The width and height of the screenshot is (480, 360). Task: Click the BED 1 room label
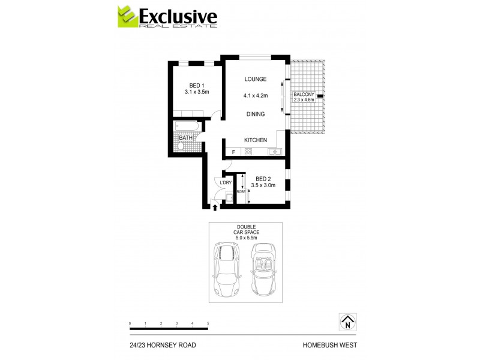pos(196,85)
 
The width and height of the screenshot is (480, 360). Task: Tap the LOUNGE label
pos(255,79)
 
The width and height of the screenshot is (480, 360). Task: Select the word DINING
pos(255,113)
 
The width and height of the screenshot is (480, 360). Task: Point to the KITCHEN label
pos(255,140)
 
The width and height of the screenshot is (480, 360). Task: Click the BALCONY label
pos(304,95)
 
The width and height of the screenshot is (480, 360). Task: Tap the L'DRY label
pos(226,182)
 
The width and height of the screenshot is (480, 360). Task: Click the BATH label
pos(186,137)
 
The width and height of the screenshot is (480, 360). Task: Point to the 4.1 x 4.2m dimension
pos(255,95)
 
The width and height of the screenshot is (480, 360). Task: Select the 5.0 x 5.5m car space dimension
pos(245,237)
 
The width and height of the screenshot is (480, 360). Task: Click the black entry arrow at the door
pos(215,208)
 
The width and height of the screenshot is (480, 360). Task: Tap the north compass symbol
pos(347,322)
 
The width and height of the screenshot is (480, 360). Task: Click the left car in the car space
pos(226,269)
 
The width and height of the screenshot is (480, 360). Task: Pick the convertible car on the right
pos(263,269)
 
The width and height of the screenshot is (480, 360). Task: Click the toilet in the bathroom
pos(181,145)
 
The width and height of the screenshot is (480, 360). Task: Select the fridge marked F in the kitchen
pos(234,152)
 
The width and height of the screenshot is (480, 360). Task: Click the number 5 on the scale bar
pos(208,323)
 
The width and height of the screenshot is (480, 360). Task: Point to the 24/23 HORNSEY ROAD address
pos(163,345)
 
